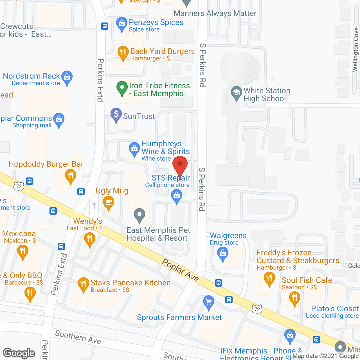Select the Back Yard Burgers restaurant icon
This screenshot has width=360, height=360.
pos(123,53)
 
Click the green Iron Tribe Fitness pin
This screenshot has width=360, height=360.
pos(122,88)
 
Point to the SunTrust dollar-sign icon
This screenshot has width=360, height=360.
pos(116,114)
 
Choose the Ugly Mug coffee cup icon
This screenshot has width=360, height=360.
pos(108,202)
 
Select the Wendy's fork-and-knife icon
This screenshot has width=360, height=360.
pos(89,240)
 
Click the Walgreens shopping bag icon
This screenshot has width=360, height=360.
pos(223,254)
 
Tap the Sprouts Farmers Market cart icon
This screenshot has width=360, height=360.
pos(208,303)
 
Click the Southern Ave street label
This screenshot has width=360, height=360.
pos(78,337)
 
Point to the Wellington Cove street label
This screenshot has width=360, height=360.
pos(355,49)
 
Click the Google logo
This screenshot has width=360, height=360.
pos(19,353)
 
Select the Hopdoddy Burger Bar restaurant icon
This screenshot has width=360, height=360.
pos(70,176)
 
